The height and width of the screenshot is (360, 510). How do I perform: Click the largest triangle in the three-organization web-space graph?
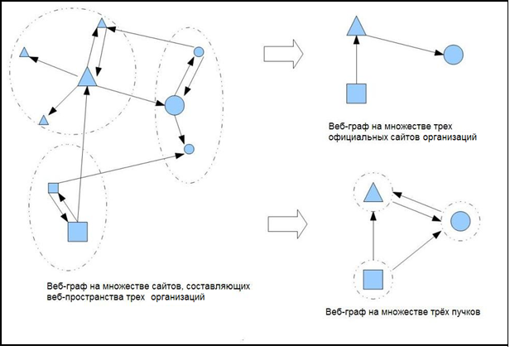[x=87, y=78]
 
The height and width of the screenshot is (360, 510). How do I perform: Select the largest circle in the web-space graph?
[x=174, y=105]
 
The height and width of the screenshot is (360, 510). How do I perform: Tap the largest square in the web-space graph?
[x=78, y=233]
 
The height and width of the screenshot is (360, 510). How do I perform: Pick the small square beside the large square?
[x=52, y=188]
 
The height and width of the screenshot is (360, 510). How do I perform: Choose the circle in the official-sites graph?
[x=453, y=55]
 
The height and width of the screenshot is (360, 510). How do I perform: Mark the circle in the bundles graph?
[x=461, y=222]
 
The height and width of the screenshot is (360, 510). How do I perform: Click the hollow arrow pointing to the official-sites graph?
[x=281, y=54]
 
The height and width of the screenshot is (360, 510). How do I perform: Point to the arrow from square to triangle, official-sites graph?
[x=356, y=60]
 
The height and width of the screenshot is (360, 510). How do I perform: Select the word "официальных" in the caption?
[x=362, y=133]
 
